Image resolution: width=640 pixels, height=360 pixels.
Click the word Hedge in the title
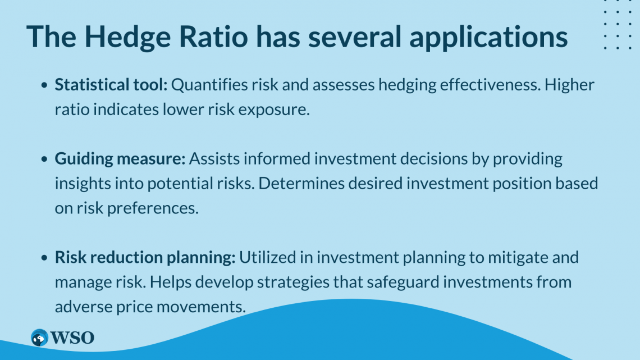[x=117, y=36]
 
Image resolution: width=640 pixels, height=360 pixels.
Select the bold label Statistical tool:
[x=111, y=85]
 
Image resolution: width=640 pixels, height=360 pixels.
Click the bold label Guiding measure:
[x=120, y=159]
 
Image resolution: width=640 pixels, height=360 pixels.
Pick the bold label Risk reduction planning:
[x=145, y=258]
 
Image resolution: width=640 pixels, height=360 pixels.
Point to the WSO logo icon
[x=39, y=338]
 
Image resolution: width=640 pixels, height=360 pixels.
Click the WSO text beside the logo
[x=72, y=338]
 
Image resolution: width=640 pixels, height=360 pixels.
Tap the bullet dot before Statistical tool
[x=44, y=86]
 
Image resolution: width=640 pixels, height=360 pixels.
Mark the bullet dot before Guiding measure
[x=44, y=160]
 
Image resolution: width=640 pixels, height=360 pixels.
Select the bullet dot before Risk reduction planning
[x=44, y=258]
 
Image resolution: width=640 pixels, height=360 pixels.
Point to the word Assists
[x=212, y=159]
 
